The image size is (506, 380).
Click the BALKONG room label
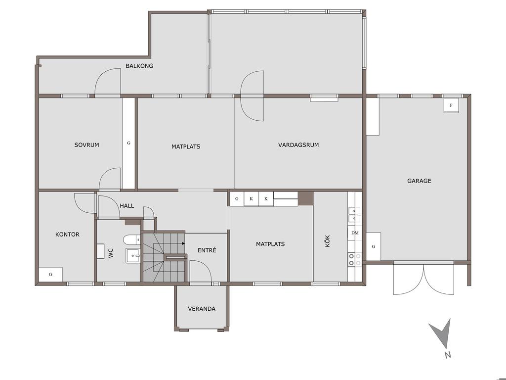click(x=139, y=66)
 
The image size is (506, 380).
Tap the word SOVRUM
click(x=86, y=145)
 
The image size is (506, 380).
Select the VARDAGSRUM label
click(x=298, y=145)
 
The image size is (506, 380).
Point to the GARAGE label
click(x=419, y=181)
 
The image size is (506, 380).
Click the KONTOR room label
click(x=67, y=235)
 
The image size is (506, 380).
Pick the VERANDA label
click(x=202, y=309)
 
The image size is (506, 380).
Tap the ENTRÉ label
click(x=207, y=250)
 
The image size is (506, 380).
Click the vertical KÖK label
click(x=328, y=241)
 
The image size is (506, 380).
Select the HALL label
click(x=127, y=206)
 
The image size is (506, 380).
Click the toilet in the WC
click(x=131, y=240)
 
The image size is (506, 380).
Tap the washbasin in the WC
click(x=132, y=256)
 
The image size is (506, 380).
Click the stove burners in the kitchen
click(x=354, y=260)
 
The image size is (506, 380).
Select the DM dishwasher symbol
click(x=355, y=233)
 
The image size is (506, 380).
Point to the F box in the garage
click(x=451, y=105)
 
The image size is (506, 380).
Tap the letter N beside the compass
click(x=447, y=355)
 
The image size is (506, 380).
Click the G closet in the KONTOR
click(x=51, y=274)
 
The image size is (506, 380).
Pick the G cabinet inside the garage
click(x=374, y=246)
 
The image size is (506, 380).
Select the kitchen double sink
click(x=354, y=215)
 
